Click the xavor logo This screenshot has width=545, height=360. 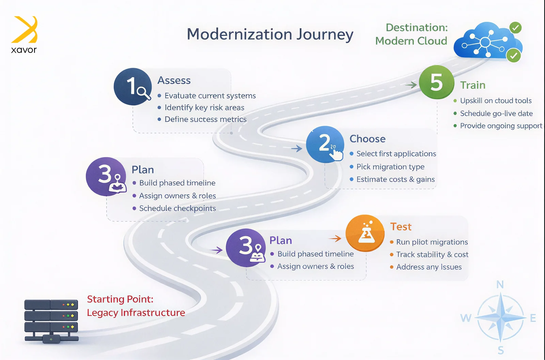(24, 34)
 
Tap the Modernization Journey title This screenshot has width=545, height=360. (270, 34)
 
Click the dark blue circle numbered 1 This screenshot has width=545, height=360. (133, 87)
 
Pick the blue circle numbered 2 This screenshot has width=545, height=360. (325, 144)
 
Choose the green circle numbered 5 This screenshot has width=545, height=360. (436, 82)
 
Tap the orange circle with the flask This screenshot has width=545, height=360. (365, 233)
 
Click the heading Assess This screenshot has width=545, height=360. (174, 80)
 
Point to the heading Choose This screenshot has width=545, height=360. (368, 139)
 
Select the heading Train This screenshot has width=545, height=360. (473, 85)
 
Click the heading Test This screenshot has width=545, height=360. (401, 227)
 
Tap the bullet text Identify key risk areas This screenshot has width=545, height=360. (204, 107)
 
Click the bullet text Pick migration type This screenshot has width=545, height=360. (390, 167)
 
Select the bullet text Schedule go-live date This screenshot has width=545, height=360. (496, 113)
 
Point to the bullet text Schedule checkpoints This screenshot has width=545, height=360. (177, 208)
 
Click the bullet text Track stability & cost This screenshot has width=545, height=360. (432, 254)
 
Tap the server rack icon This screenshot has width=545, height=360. (51, 321)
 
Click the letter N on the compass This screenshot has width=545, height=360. (500, 285)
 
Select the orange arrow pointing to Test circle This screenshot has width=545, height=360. (335, 238)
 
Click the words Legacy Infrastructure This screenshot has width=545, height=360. (136, 313)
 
